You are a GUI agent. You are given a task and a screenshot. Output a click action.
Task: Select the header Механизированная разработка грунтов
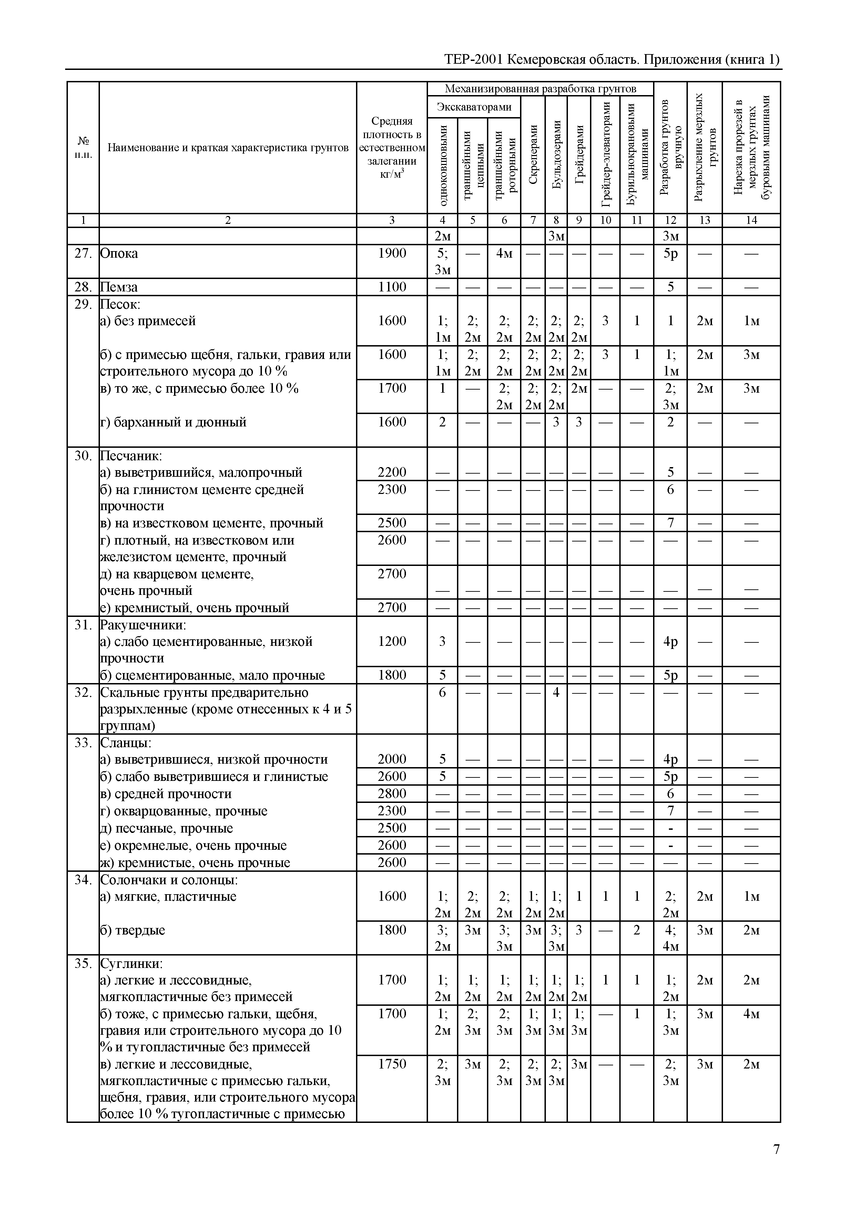tap(540, 89)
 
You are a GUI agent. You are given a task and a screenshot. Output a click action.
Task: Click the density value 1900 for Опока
tap(392, 254)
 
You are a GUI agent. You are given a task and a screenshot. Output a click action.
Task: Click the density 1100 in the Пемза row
tap(392, 287)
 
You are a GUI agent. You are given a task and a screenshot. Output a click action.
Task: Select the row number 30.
tap(83, 456)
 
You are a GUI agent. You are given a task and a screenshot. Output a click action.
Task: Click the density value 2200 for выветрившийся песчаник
tap(392, 473)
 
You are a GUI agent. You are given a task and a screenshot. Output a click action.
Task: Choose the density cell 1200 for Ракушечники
tap(392, 641)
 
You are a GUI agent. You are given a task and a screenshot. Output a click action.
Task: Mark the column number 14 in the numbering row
tap(751, 220)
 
